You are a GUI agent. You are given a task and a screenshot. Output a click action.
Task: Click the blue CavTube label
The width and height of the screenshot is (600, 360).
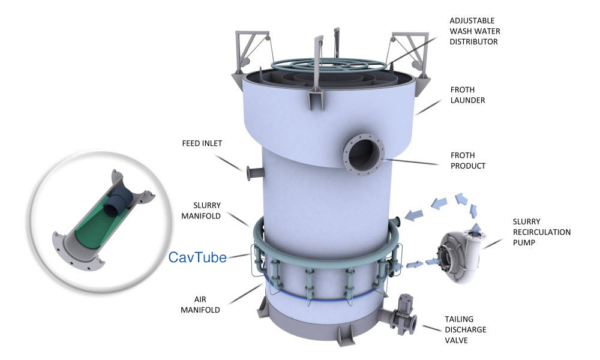[x=197, y=257]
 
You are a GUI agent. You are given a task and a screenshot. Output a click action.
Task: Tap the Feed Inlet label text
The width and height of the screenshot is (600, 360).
[x=202, y=143]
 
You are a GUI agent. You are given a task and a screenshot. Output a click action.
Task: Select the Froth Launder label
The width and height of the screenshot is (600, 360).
[x=467, y=95]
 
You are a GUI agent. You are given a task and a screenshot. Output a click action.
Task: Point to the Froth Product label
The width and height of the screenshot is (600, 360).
[x=468, y=161]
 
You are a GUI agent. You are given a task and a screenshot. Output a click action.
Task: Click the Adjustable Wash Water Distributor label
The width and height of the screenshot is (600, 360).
[x=475, y=31]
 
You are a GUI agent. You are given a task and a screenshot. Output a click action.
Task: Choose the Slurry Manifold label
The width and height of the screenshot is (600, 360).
[x=201, y=211]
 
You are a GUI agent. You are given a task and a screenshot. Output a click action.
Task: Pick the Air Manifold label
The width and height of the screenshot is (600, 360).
[x=200, y=305]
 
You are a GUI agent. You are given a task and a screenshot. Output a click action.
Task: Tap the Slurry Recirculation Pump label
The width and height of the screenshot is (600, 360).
[x=541, y=232]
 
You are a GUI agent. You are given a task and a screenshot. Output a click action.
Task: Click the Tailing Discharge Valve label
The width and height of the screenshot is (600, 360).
[x=466, y=330]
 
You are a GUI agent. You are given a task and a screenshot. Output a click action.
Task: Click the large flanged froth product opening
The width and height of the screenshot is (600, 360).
[x=363, y=154]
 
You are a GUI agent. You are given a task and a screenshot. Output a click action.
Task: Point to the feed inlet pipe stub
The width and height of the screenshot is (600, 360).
[x=254, y=173]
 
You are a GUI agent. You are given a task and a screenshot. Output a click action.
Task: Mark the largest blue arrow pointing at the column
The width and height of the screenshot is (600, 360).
[x=413, y=215]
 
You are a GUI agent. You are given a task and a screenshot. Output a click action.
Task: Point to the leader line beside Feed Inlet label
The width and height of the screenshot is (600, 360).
[x=229, y=163]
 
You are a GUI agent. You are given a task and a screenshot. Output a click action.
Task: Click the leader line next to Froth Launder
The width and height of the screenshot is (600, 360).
[x=428, y=107]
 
